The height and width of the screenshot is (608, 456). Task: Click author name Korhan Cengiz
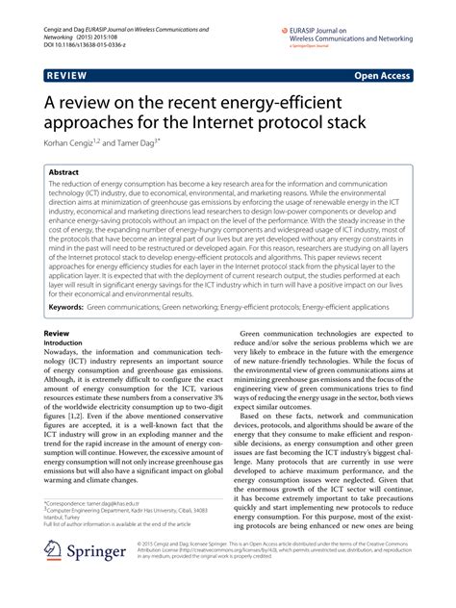tap(69, 140)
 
